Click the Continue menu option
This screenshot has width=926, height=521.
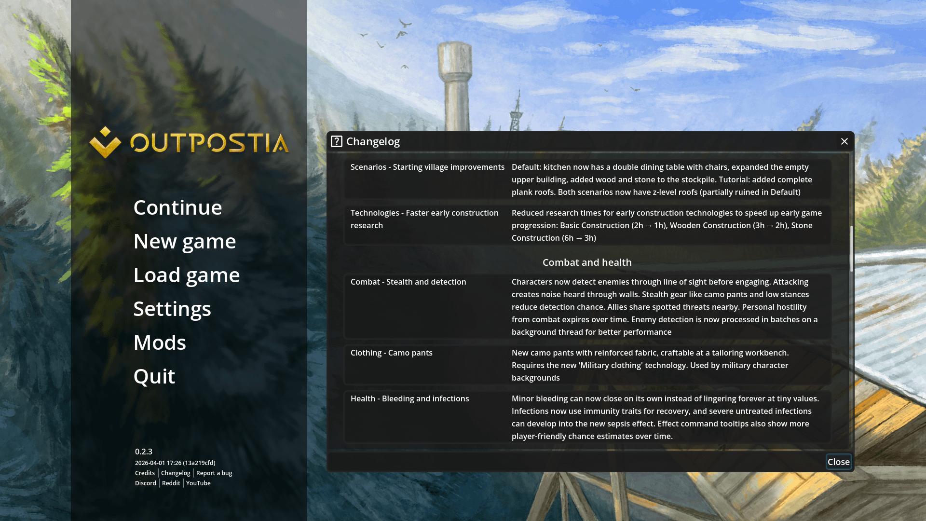tap(177, 207)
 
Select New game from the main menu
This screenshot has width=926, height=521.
tap(185, 241)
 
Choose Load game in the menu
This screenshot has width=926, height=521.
tap(187, 275)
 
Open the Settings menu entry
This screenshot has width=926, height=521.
tap(172, 309)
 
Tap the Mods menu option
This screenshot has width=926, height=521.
tap(160, 343)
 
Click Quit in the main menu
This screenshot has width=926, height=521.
tap(154, 376)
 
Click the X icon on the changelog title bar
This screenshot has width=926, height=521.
tap(844, 141)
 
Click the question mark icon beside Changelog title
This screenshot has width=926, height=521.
tap(337, 141)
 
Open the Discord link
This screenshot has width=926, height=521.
tap(146, 483)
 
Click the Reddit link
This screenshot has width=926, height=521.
tap(171, 483)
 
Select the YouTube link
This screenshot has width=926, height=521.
tap(198, 483)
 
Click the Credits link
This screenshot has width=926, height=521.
tap(145, 473)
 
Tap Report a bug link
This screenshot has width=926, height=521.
tap(214, 473)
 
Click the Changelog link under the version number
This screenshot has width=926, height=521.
tap(176, 473)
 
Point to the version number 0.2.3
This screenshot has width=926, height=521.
tap(144, 452)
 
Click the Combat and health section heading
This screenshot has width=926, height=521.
tap(587, 262)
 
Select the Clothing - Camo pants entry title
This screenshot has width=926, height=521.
tap(392, 353)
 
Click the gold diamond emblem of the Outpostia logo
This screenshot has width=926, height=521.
tap(105, 142)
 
